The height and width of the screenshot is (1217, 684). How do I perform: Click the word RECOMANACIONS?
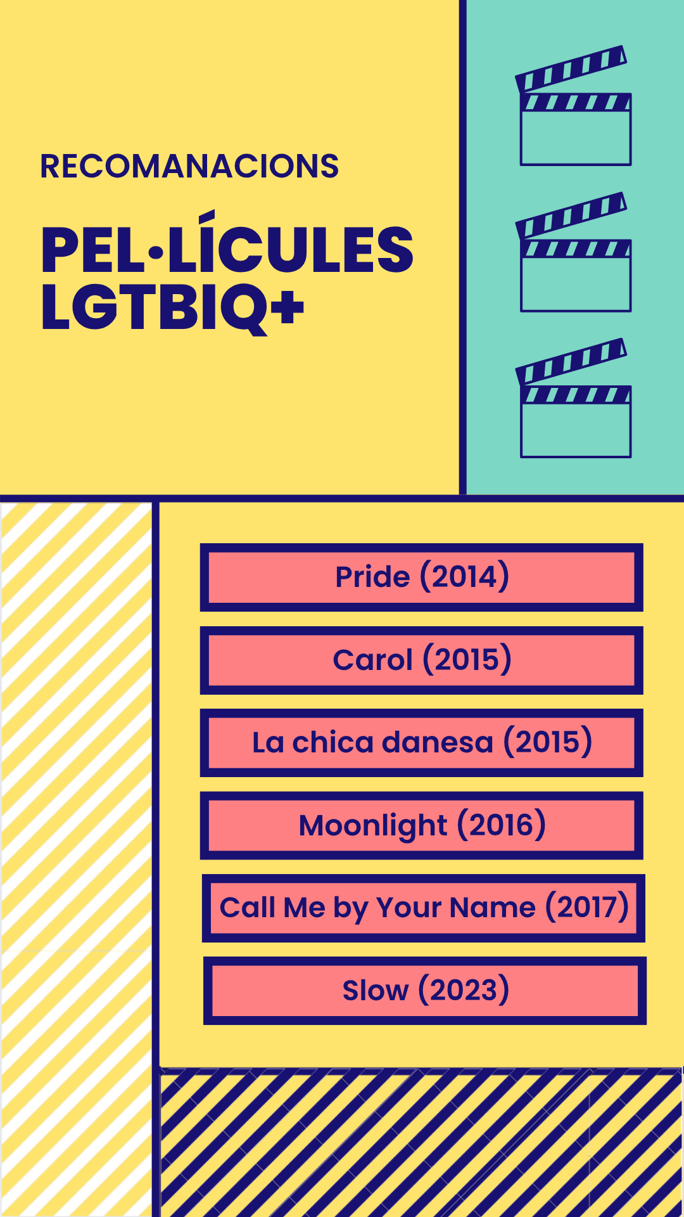189,166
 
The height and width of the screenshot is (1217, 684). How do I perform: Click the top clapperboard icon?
574,105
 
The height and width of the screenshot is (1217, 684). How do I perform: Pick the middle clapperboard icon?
574,252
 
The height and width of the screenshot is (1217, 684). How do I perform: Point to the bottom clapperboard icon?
574,397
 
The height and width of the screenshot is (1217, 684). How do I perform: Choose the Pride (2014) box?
422,577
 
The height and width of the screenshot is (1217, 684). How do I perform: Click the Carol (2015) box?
422,660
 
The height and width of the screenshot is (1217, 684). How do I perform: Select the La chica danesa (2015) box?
422,743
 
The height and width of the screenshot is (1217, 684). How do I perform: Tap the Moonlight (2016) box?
422,825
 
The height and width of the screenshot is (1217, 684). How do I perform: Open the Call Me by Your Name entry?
424,908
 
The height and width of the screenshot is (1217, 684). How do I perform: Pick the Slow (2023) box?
425,991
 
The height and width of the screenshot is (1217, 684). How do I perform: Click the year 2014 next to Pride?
465,577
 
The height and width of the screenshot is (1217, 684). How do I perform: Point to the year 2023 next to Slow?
464,990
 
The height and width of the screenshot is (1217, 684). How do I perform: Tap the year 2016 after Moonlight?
502,825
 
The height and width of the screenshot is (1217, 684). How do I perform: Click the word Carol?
373,660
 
